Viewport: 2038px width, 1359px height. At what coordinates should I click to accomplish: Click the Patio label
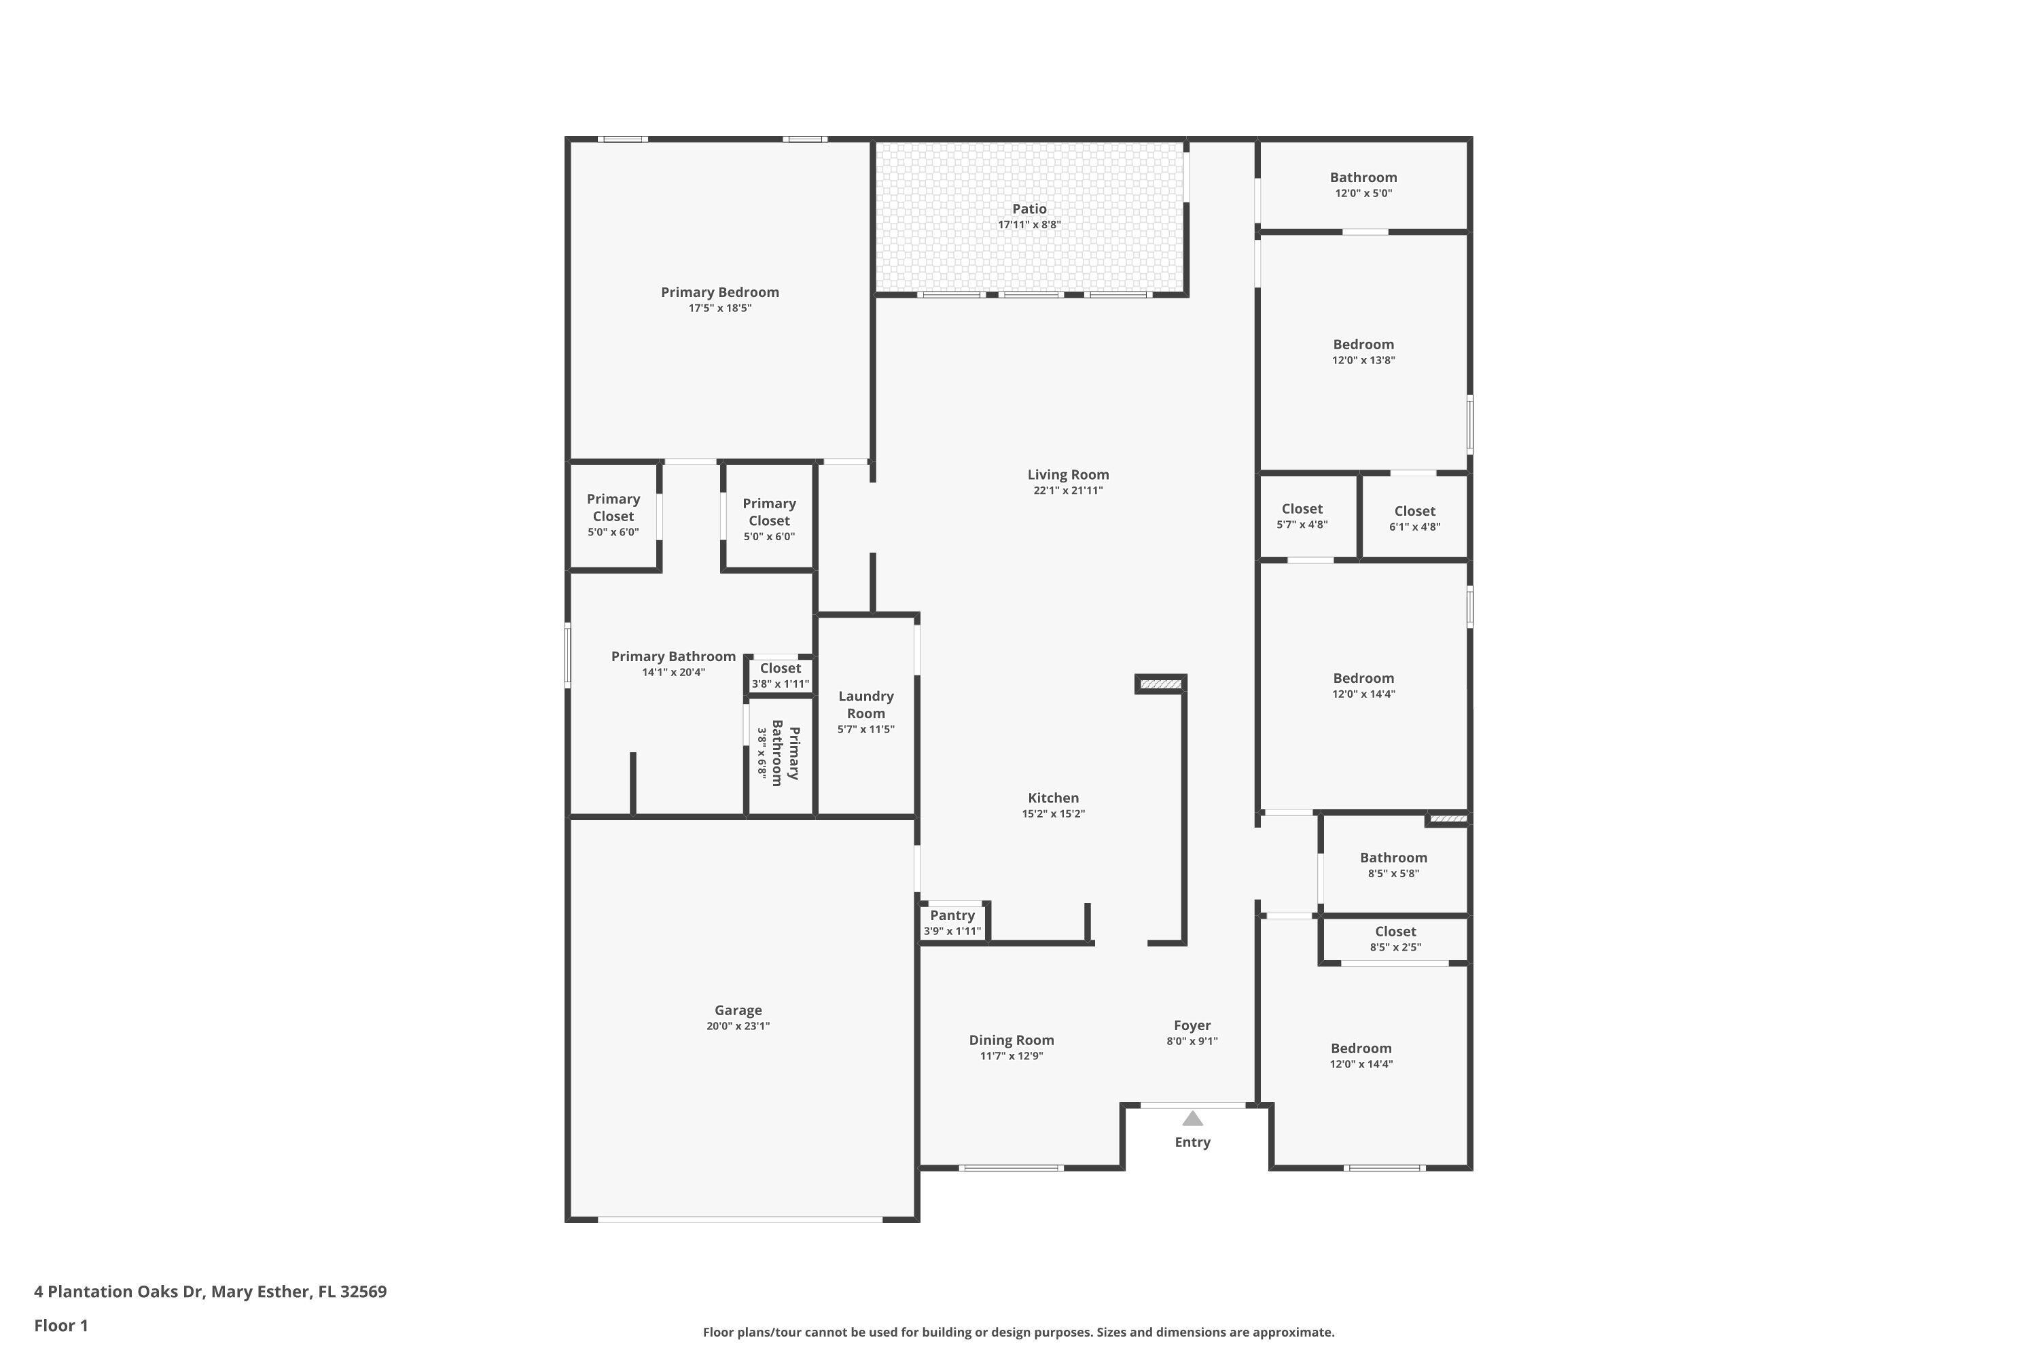pyautogui.click(x=1029, y=209)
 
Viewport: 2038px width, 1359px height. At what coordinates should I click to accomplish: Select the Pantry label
pyautogui.click(x=952, y=915)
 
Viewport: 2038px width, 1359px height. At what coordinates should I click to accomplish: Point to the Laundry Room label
pyautogui.click(x=865, y=705)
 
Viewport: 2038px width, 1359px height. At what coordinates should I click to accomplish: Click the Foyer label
pyautogui.click(x=1192, y=1025)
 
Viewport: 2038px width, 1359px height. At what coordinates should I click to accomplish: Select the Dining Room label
pyautogui.click(x=1012, y=1040)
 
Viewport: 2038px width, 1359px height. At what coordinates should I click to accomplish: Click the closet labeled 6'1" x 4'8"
pyautogui.click(x=1414, y=518)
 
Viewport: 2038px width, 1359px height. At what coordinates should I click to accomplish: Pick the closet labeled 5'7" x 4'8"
pyautogui.click(x=1302, y=516)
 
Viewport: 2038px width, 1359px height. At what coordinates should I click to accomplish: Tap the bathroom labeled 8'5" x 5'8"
pyautogui.click(x=1393, y=864)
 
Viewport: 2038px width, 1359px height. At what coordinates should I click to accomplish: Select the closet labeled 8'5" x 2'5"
pyautogui.click(x=1395, y=938)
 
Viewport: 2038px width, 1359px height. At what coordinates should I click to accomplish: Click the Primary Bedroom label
pyautogui.click(x=719, y=292)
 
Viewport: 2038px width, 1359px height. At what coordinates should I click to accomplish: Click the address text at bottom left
pyautogui.click(x=211, y=1292)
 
